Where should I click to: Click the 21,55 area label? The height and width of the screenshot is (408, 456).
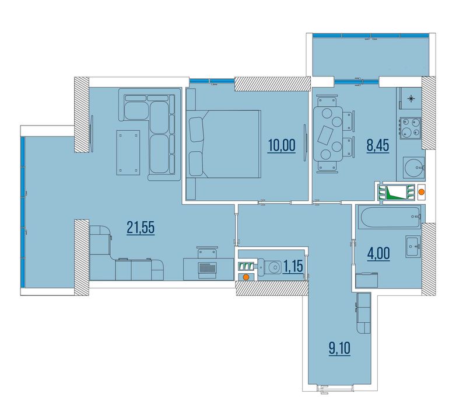141,228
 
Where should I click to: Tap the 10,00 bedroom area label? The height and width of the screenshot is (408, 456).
282,145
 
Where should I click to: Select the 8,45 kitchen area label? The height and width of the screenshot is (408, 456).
378,145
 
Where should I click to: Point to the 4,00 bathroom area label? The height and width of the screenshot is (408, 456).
378,253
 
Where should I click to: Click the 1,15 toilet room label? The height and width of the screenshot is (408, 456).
293,266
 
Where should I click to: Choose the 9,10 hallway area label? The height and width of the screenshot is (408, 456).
340,348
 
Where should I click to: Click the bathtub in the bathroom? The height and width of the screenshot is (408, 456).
390,217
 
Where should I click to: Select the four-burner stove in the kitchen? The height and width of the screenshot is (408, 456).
411,128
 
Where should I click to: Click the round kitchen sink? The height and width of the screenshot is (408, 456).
414,168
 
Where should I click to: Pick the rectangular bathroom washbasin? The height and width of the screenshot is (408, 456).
413,246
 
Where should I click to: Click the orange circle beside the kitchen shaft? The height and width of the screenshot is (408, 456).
421,192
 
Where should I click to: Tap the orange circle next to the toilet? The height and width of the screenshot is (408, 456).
245,277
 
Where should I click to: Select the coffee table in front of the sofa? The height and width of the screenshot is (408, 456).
128,152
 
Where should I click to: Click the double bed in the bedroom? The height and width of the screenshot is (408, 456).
223,144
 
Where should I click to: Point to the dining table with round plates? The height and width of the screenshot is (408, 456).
328,134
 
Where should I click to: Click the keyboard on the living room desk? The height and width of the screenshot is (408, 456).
208,267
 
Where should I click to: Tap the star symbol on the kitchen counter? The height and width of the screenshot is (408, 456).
411,99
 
